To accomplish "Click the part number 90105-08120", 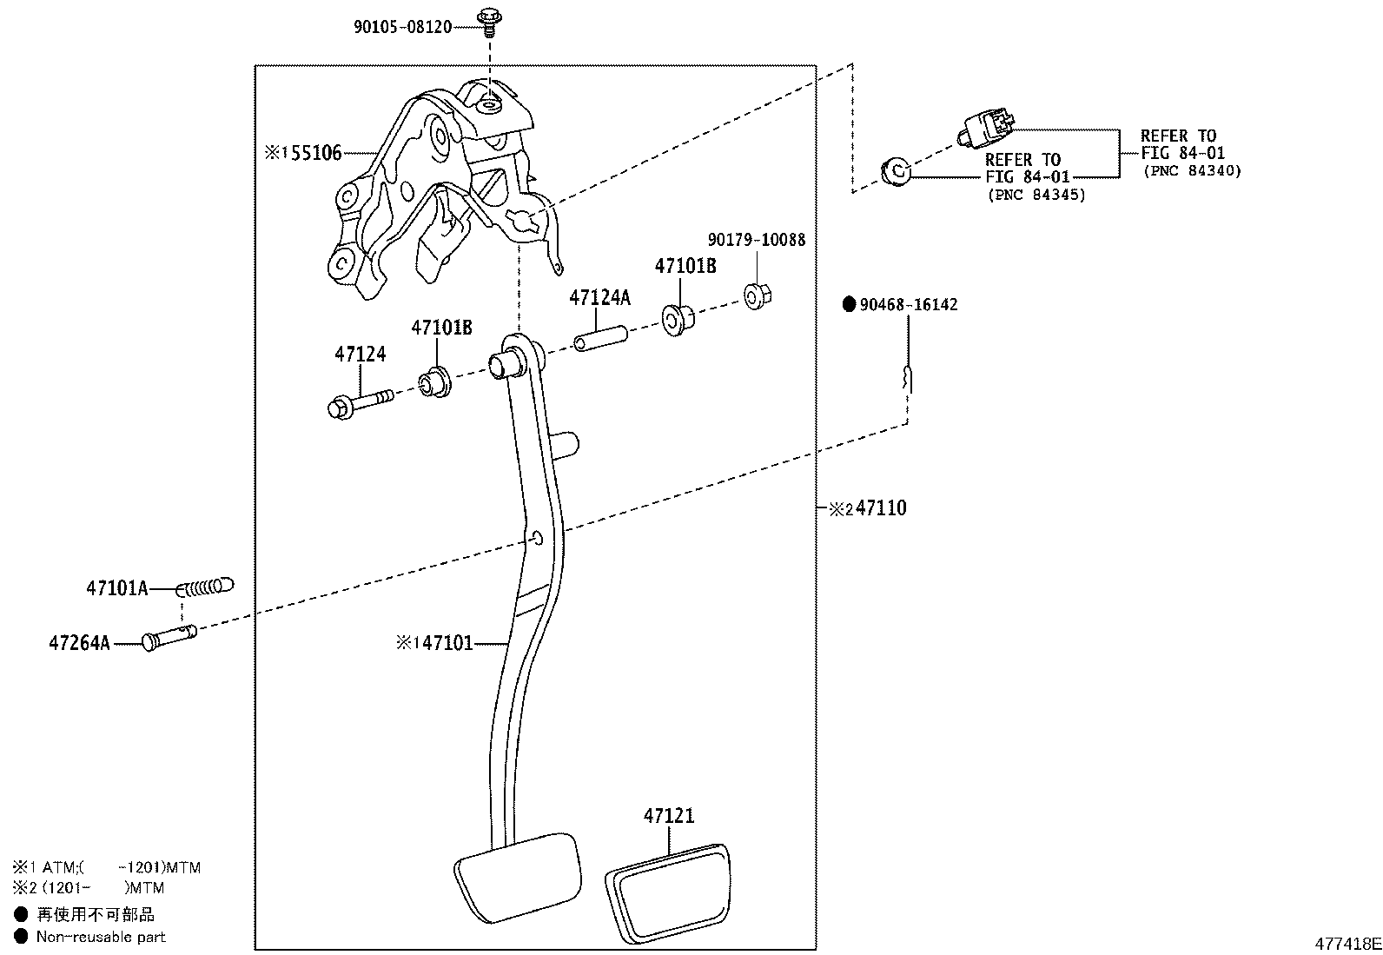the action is (402, 27).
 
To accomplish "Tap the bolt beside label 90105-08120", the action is (490, 22).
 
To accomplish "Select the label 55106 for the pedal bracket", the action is (316, 153).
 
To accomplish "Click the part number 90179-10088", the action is (757, 240).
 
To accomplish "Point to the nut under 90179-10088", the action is (758, 296).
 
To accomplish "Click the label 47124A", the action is (599, 298).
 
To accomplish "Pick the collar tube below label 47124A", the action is (601, 339).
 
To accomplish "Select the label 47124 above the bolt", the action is (360, 354).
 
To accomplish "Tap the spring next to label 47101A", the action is (205, 587).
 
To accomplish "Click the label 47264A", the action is (80, 643).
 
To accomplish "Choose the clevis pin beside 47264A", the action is (169, 638).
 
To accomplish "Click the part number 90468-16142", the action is (908, 304).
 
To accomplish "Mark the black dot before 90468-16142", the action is (849, 304).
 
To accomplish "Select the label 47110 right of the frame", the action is (881, 507).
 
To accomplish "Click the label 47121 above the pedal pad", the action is (669, 815).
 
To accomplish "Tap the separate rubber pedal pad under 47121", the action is (668, 892).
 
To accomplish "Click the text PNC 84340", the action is (1192, 171).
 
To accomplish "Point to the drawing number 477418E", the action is (1347, 943).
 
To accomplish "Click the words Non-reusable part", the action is (101, 937).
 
